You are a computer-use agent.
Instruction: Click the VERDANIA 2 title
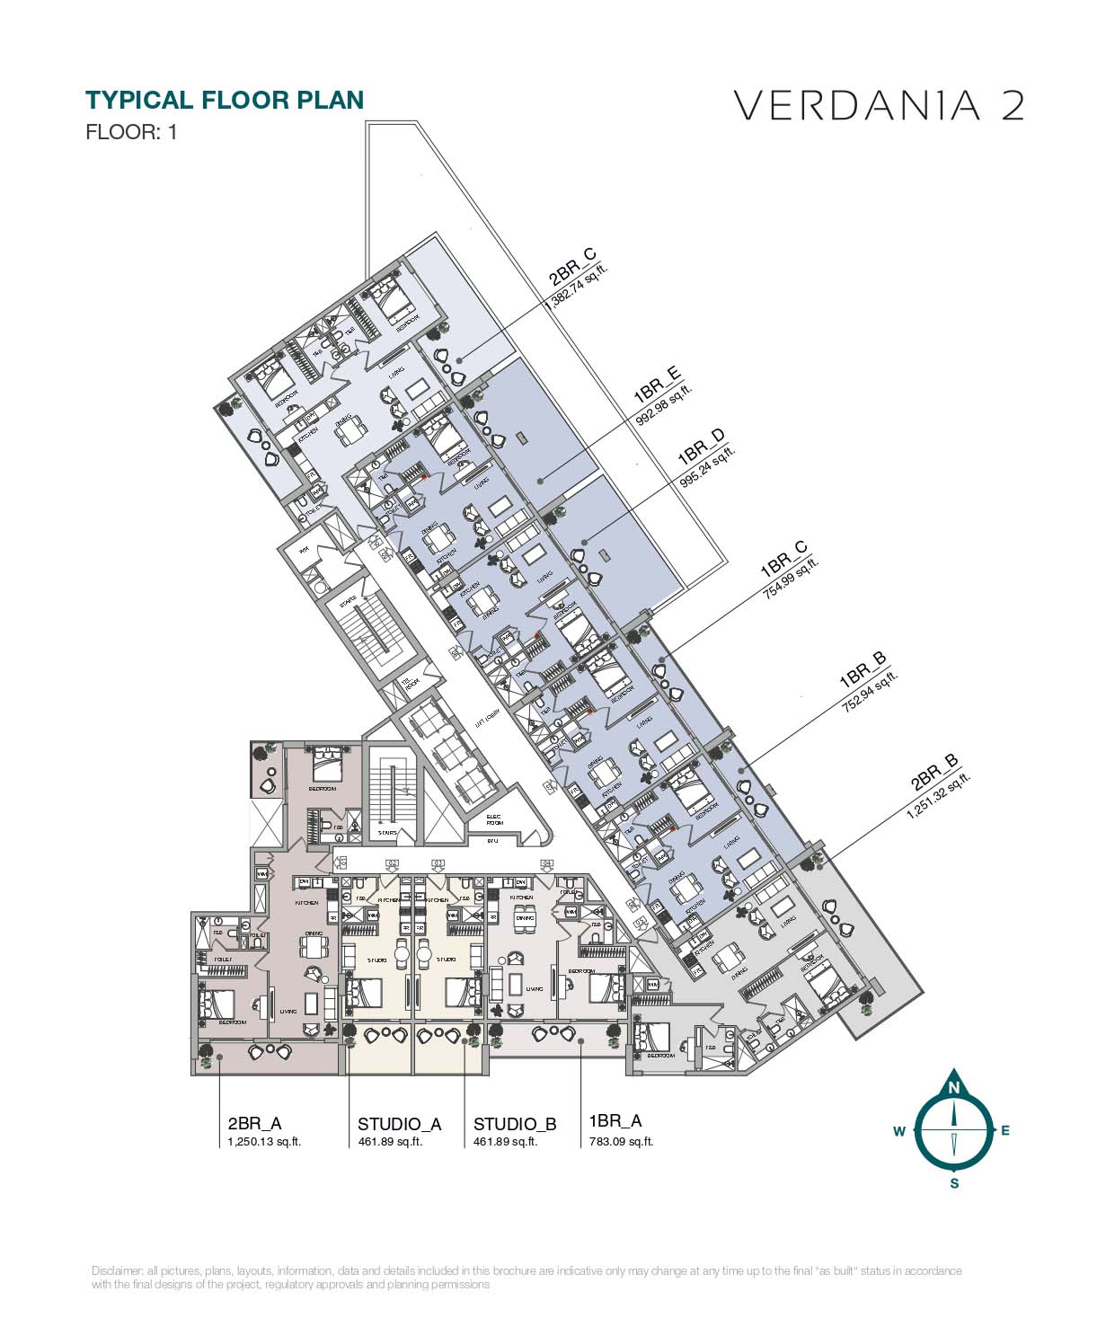click(x=879, y=105)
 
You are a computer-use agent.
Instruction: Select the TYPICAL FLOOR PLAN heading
click(x=224, y=100)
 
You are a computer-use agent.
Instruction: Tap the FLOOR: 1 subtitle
click(x=131, y=132)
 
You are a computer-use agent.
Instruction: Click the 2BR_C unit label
click(x=572, y=267)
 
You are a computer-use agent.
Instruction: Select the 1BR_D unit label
click(x=701, y=447)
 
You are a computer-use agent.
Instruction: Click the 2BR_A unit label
click(x=255, y=1123)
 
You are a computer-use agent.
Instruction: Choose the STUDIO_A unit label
click(x=399, y=1124)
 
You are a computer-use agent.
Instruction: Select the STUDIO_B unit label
click(x=515, y=1124)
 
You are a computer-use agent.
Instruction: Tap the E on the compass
click(x=1005, y=1131)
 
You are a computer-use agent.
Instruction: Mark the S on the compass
click(x=954, y=1183)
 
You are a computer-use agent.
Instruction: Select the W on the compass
click(x=898, y=1132)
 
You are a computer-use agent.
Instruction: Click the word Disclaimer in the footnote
click(x=117, y=1270)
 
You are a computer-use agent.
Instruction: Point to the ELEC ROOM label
click(x=495, y=820)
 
